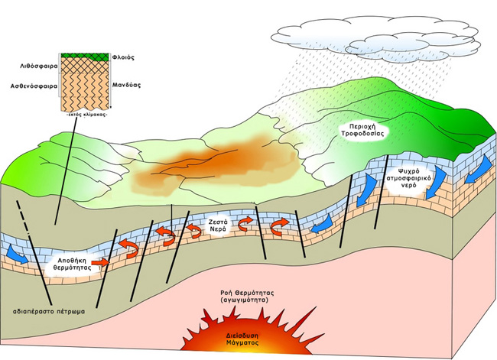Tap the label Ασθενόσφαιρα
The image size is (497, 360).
[x=31, y=86]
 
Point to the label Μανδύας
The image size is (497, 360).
[x=125, y=86]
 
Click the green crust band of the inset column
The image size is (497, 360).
[x=86, y=55]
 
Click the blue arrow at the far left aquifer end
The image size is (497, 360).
[x=16, y=255]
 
